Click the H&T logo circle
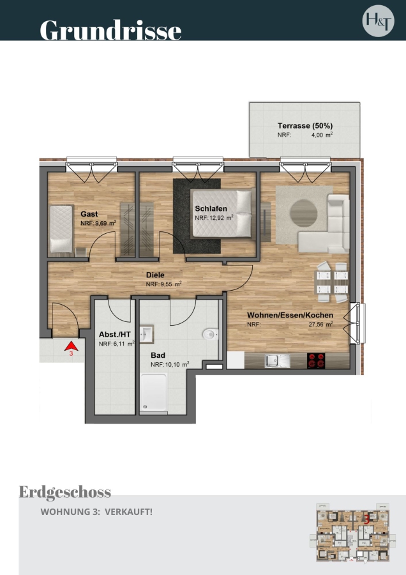[x=379, y=20]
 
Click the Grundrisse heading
[x=110, y=30]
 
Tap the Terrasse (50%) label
[x=305, y=126]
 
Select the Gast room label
[x=89, y=214]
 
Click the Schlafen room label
[x=211, y=209]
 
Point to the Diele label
[x=155, y=275]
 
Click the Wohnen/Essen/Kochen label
[x=290, y=316]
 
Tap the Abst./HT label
[x=115, y=335]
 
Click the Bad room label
[x=158, y=355]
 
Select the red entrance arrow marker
[x=71, y=346]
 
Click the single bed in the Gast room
[x=61, y=229]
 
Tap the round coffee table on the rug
[x=304, y=212]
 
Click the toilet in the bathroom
[x=210, y=334]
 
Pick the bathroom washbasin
[x=147, y=334]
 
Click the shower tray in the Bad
[x=154, y=392]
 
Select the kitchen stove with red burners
[x=316, y=360]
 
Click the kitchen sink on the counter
[x=278, y=361]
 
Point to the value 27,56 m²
[x=320, y=324]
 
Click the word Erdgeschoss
[x=65, y=492]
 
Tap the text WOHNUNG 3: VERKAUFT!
[x=96, y=512]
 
